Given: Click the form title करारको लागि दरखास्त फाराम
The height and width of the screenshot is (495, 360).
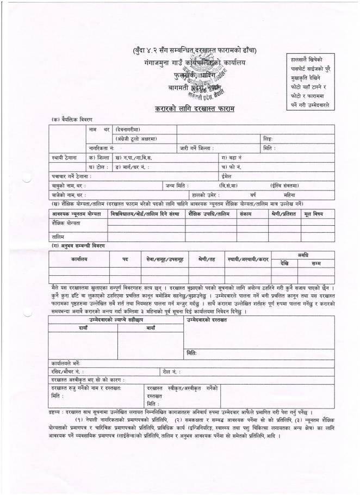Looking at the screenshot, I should tap(194, 109).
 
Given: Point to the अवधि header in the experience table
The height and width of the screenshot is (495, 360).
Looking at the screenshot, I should tap(302, 255).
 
